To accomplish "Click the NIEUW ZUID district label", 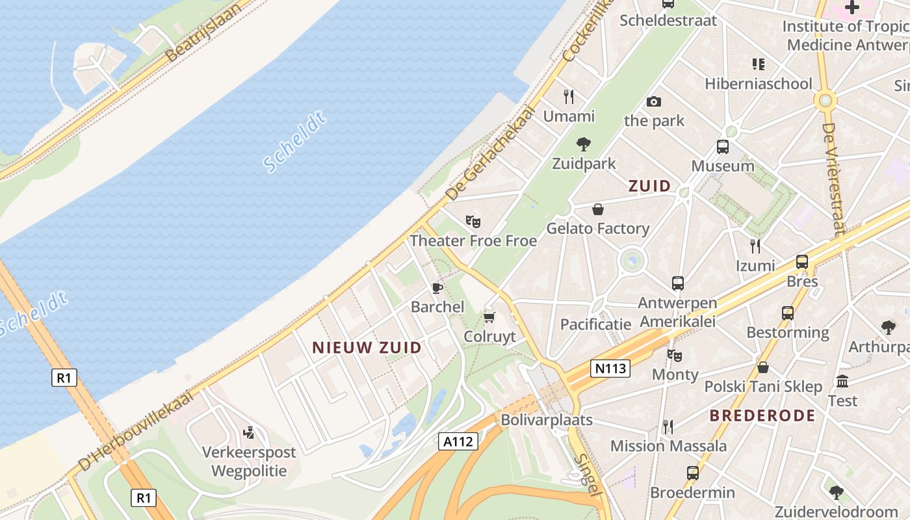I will tap(367, 348).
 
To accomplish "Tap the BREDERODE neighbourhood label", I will tap(762, 415).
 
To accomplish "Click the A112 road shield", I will tap(458, 442).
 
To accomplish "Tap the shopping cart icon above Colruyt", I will tap(489, 317).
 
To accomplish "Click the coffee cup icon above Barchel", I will tap(437, 288).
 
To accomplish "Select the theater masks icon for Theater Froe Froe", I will tap(473, 222).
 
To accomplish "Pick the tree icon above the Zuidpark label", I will tap(584, 144).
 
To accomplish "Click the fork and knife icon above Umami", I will tap(569, 97).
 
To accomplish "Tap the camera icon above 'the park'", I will tap(654, 101).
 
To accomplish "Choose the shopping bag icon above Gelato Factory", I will tap(597, 209).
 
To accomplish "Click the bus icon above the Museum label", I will tap(722, 147).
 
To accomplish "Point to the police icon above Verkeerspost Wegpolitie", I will tap(248, 432).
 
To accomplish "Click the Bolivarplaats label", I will tap(546, 420).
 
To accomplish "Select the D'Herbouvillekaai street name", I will tap(136, 431).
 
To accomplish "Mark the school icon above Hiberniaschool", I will tap(758, 64).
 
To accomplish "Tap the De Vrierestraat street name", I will tap(833, 179).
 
